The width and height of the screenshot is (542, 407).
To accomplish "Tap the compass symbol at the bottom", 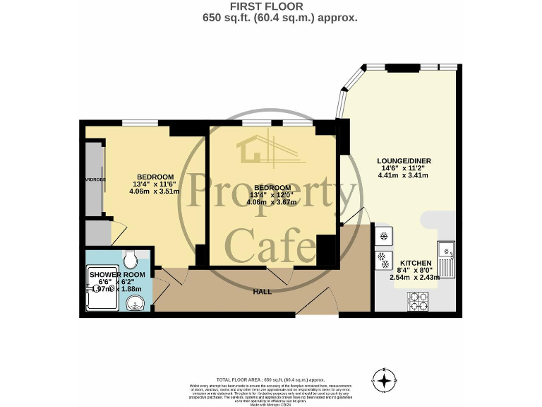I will pos(384,381).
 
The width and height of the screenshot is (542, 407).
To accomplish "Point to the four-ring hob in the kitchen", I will pos(417,302).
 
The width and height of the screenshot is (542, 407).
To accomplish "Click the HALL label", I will pos(263,291).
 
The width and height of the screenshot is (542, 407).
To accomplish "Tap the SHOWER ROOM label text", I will pos(117,274).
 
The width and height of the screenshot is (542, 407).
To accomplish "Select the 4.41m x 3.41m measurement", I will pos(403,175).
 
